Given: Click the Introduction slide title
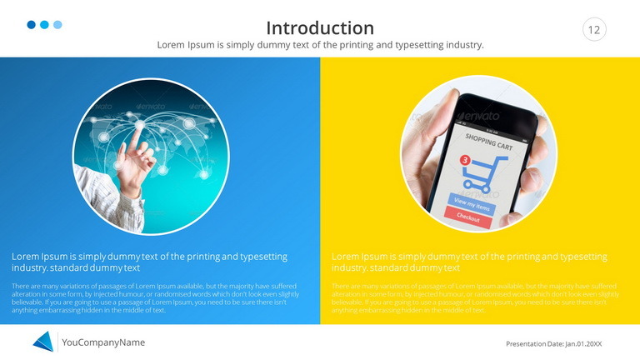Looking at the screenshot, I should pyautogui.click(x=320, y=27).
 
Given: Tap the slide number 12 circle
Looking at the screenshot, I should pyautogui.click(x=594, y=30).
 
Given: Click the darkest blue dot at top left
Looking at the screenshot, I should pyautogui.click(x=32, y=25).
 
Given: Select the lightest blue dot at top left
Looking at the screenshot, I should pyautogui.click(x=57, y=25).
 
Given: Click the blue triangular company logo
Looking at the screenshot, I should pyautogui.click(x=43, y=342).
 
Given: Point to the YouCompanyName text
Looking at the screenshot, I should pyautogui.click(x=103, y=342).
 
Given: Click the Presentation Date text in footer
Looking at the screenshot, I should pyautogui.click(x=553, y=343).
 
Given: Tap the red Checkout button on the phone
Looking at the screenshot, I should pyautogui.click(x=467, y=217).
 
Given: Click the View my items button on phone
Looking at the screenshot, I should pyautogui.click(x=472, y=201).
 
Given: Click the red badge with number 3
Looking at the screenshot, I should pyautogui.click(x=465, y=159).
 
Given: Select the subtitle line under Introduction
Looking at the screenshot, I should pyautogui.click(x=320, y=45).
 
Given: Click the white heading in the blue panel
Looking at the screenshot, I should pyautogui.click(x=150, y=262).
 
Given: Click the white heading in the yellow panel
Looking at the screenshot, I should pyautogui.click(x=469, y=262).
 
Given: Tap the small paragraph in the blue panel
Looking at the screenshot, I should pyautogui.click(x=155, y=297).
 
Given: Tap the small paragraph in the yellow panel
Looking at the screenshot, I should pyautogui.click(x=475, y=297).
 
